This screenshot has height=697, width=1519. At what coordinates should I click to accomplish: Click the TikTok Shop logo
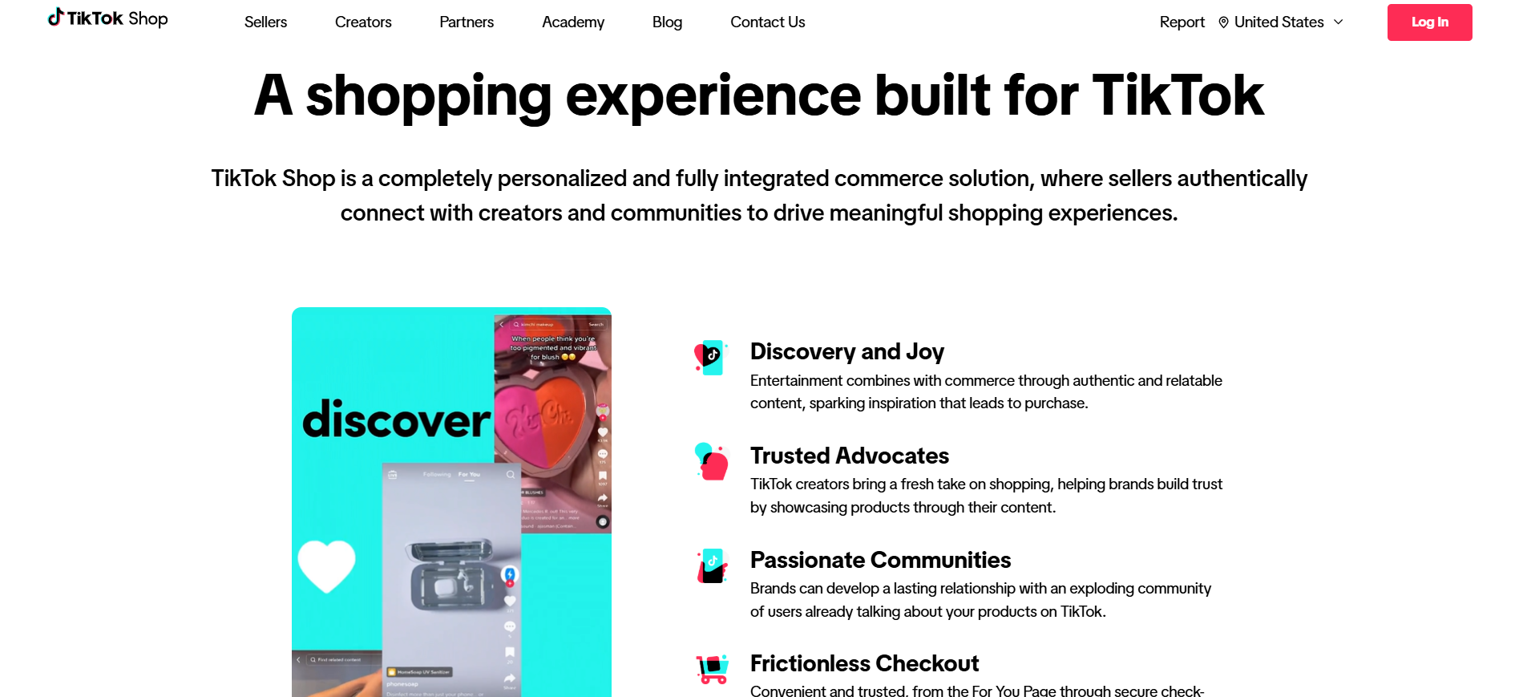[x=107, y=18]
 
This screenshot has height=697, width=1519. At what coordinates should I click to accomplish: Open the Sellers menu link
[x=265, y=22]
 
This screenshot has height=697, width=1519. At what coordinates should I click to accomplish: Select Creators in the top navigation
[x=363, y=22]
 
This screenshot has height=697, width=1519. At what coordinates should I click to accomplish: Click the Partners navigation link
[x=467, y=22]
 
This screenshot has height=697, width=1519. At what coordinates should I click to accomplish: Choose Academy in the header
[x=573, y=22]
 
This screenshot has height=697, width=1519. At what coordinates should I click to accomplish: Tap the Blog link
[x=667, y=22]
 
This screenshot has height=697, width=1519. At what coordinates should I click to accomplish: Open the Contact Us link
[x=767, y=22]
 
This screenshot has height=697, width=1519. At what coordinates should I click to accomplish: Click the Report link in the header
[x=1182, y=22]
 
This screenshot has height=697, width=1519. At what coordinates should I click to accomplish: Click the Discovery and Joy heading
[x=846, y=351]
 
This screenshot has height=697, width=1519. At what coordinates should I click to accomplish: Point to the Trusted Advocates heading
[x=849, y=456]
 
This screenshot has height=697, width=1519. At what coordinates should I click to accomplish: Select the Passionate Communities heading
[x=880, y=560]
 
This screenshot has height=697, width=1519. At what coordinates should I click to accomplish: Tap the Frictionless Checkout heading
[x=864, y=663]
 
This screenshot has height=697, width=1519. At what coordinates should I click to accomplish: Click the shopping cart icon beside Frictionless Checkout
[x=712, y=669]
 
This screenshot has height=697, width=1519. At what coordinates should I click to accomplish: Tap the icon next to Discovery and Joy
[x=710, y=357]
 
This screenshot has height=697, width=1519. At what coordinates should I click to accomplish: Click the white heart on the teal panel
[x=326, y=565]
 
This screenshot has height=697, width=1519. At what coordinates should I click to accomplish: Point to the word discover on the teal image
[x=396, y=420]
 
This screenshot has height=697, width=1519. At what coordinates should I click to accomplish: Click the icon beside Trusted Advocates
[x=711, y=462]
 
